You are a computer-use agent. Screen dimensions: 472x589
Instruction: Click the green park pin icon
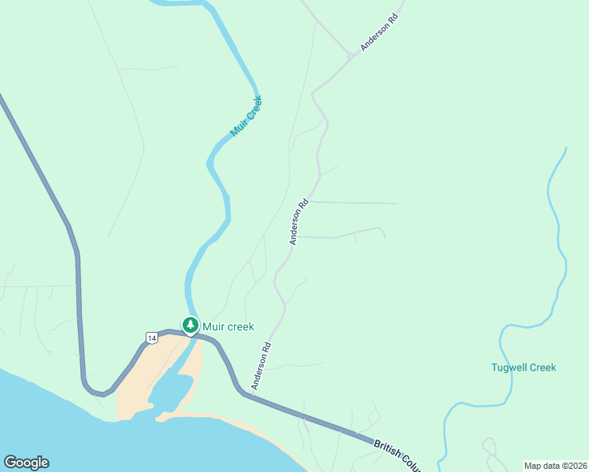pyautogui.click(x=190, y=325)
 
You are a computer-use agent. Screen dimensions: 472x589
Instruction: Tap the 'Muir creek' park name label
pyautogui.click(x=228, y=326)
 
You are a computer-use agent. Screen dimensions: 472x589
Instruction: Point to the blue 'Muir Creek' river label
pyautogui.click(x=246, y=116)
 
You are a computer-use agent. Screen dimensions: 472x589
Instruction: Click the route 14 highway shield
pyautogui.click(x=151, y=337)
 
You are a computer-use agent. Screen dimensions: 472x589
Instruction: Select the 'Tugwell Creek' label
pyautogui.click(x=523, y=367)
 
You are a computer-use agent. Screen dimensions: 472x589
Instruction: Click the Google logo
pyautogui.click(x=26, y=463)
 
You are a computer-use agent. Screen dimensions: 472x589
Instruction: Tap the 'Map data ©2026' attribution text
pyautogui.click(x=554, y=466)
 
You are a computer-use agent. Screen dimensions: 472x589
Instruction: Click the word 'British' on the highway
pyautogui.click(x=391, y=448)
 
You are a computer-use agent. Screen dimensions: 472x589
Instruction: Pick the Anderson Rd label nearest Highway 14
pyautogui.click(x=261, y=366)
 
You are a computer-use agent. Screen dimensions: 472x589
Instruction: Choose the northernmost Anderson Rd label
pyautogui.click(x=380, y=32)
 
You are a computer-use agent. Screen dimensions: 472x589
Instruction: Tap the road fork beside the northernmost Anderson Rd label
pyautogui.click(x=349, y=57)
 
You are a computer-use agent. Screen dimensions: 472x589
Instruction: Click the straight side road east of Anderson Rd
pyautogui.click(x=354, y=203)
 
